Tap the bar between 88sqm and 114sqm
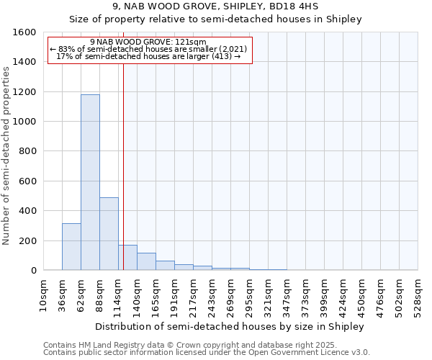(x=109, y=233)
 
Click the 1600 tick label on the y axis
(x=24, y=32)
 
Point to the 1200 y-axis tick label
(x=24, y=92)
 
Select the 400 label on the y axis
(x=27, y=211)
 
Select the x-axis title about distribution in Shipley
(x=230, y=326)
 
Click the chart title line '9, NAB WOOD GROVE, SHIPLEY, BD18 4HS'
(x=215, y=6)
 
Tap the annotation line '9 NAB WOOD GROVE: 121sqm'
(x=150, y=42)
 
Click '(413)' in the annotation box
(x=221, y=56)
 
